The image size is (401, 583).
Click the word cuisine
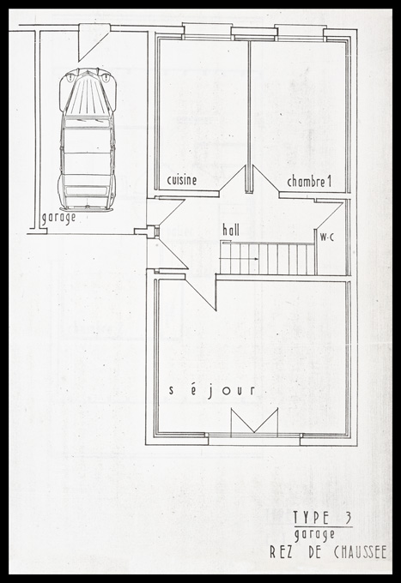point(182,180)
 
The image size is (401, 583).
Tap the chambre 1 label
point(309,182)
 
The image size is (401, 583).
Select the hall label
point(231,230)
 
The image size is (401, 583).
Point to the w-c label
point(327,237)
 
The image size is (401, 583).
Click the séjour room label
point(212,390)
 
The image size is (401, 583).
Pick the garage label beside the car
point(58,218)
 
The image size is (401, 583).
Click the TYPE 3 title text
point(322,518)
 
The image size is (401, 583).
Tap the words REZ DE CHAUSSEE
point(328,552)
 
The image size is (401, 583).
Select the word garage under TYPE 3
point(314,535)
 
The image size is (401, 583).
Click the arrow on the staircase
point(249,258)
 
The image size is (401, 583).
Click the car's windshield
point(88,122)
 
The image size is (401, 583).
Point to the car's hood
point(88,93)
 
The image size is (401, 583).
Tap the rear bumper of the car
point(87,209)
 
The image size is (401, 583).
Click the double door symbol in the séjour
point(255,422)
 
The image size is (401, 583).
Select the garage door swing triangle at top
point(93,42)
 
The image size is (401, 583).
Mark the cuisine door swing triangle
point(232,179)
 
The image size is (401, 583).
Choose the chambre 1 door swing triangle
point(266,179)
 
